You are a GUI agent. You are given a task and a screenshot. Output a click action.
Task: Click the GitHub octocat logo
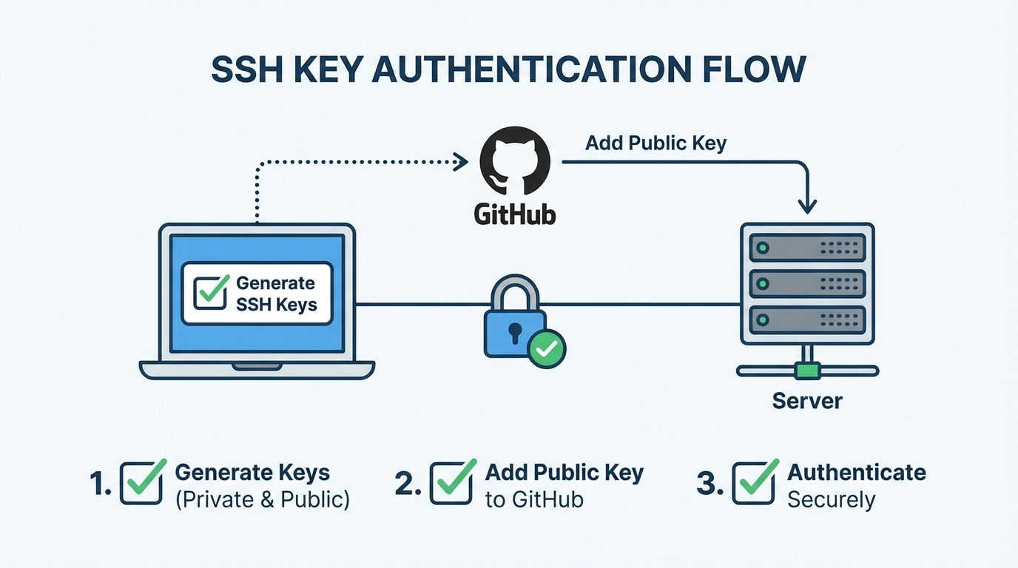point(515,160)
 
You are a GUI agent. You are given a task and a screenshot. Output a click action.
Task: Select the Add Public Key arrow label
point(655,143)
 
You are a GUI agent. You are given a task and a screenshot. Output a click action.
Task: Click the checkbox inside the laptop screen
point(210,292)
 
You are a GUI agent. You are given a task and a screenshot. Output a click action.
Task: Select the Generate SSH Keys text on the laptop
point(276,294)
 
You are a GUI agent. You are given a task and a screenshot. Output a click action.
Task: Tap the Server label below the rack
point(807,401)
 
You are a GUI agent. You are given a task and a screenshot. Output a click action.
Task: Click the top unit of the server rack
point(807,248)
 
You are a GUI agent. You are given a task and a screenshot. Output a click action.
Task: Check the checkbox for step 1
point(141,483)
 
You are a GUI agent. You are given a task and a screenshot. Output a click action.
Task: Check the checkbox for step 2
point(451,483)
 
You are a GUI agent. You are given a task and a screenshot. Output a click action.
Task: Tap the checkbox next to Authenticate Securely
point(754,483)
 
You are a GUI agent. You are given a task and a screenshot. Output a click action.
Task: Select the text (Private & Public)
point(262,499)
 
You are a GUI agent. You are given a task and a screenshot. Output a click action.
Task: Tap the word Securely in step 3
point(831,500)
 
